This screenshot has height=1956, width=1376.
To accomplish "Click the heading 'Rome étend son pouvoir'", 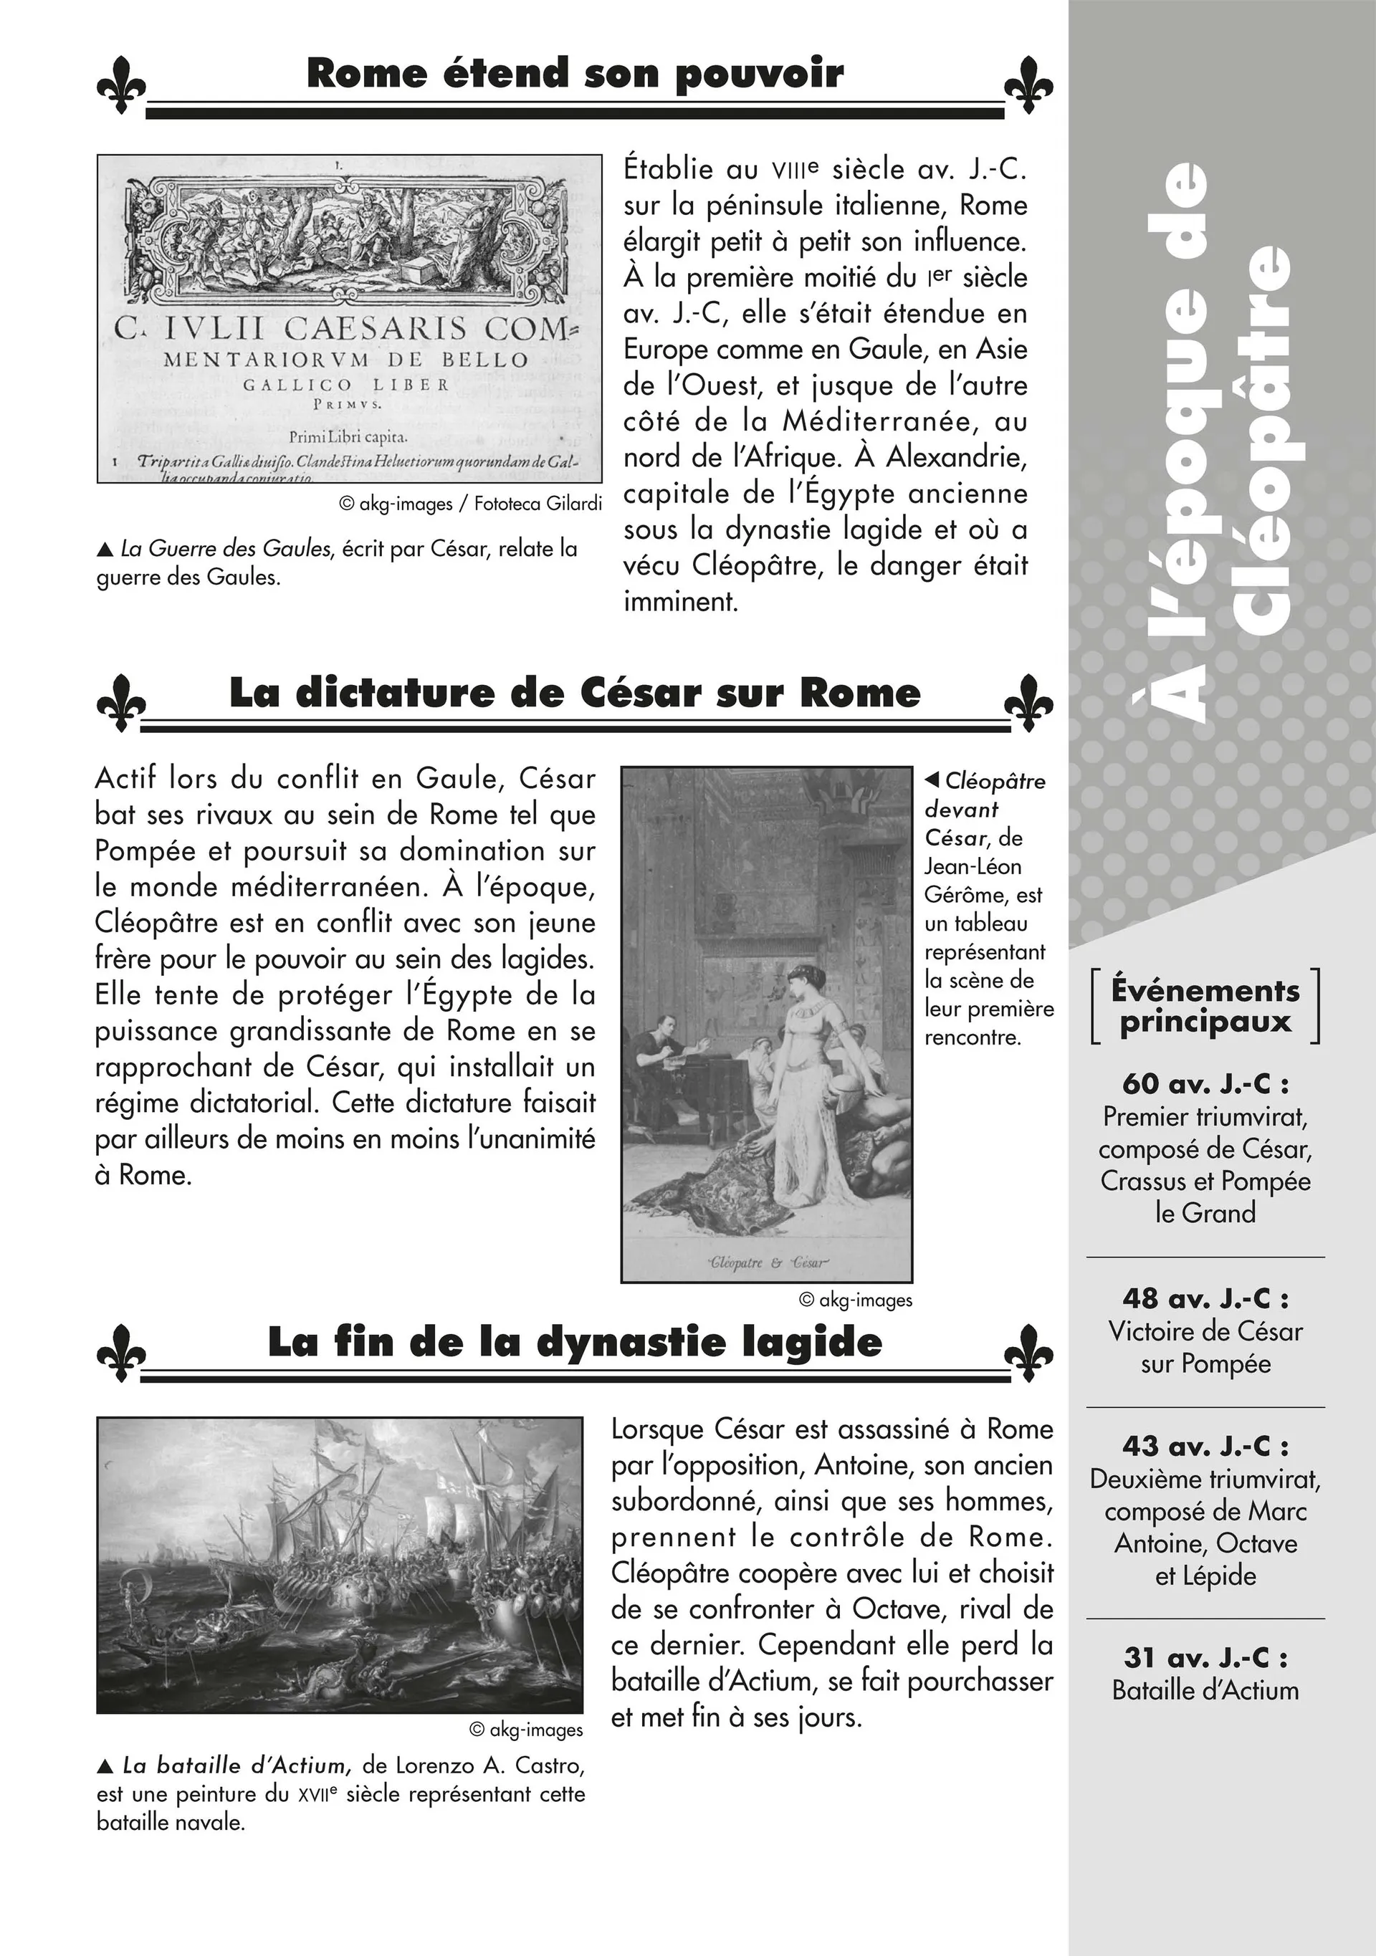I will pos(575,73).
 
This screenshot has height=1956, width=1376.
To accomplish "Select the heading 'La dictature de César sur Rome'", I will pos(575,693).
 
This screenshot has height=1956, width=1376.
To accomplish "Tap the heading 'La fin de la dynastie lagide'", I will pos(575,1342).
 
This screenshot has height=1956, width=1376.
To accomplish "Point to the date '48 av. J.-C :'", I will pos(1205,1298).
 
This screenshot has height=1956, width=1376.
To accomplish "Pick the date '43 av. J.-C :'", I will pos(1205,1446).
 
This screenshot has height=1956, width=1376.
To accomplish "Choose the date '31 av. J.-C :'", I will pos(1205,1657).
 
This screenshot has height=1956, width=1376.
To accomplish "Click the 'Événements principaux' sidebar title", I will pos(1205,1006).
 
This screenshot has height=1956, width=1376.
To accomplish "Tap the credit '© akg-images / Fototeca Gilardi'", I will pos(470,504).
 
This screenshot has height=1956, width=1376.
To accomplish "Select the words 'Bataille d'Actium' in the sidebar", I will pos(1205,1690).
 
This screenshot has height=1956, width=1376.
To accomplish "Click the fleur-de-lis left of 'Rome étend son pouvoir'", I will pos(121,85).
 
